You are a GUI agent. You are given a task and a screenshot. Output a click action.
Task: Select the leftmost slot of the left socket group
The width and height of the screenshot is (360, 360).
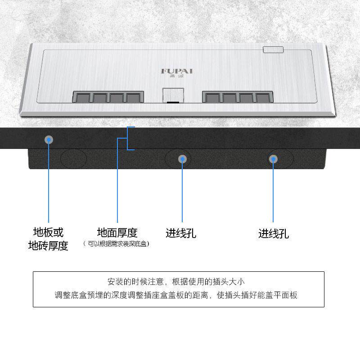tap(82, 98)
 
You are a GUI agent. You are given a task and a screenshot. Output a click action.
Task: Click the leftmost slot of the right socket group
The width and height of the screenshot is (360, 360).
tap(211, 98)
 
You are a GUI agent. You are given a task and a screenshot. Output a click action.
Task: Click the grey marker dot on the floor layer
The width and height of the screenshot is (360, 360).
tap(49, 139)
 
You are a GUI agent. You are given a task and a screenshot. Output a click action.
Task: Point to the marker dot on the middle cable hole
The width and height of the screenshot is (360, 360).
tap(182, 159)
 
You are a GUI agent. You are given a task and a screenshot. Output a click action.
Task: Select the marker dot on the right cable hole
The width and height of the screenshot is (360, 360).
tap(273, 159)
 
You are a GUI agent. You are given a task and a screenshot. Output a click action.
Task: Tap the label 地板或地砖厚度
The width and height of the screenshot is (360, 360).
tap(48, 239)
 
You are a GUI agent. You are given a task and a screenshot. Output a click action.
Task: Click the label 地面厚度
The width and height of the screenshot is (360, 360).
tap(117, 233)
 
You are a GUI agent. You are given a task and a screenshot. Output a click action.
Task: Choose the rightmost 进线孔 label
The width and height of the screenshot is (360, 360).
tap(273, 234)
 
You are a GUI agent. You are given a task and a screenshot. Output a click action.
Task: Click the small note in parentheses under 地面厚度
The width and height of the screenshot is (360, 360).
tap(117, 244)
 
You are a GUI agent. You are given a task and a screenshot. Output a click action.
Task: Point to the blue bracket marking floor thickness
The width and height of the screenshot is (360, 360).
tap(130, 138)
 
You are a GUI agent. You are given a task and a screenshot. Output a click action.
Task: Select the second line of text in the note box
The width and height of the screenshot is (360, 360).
tap(176, 296)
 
